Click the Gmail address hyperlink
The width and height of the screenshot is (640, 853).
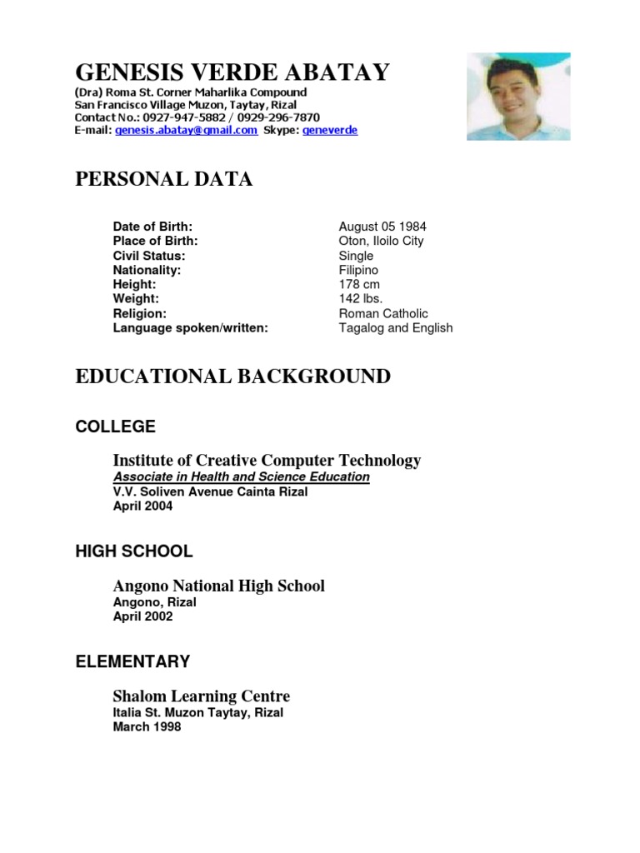pos(186,131)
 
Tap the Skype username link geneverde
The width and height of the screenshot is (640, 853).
pos(329,131)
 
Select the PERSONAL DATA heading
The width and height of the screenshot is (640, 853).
pos(163,179)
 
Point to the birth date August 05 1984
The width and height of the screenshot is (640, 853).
pos(382,227)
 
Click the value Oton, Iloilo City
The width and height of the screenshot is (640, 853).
pos(381,241)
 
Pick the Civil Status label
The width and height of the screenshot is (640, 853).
pos(149,256)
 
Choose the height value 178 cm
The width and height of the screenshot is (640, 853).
pos(359,285)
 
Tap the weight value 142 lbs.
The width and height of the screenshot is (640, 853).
pos(361,299)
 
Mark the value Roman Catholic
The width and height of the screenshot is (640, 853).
pos(383,314)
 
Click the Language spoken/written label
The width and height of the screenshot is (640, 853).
pos(191,328)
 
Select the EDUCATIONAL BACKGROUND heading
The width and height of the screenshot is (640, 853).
pos(232,377)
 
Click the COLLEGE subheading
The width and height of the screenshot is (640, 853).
pos(115,426)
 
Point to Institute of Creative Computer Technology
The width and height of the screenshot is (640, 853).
pos(267,461)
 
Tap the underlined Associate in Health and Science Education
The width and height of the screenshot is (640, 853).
pos(242,477)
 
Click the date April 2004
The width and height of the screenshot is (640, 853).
pos(142,506)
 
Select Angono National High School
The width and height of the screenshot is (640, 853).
pos(218,586)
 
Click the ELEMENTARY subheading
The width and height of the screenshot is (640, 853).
pos(132,662)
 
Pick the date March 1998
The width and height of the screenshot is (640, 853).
pos(147,727)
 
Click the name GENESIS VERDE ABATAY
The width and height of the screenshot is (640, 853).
pos(232,73)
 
